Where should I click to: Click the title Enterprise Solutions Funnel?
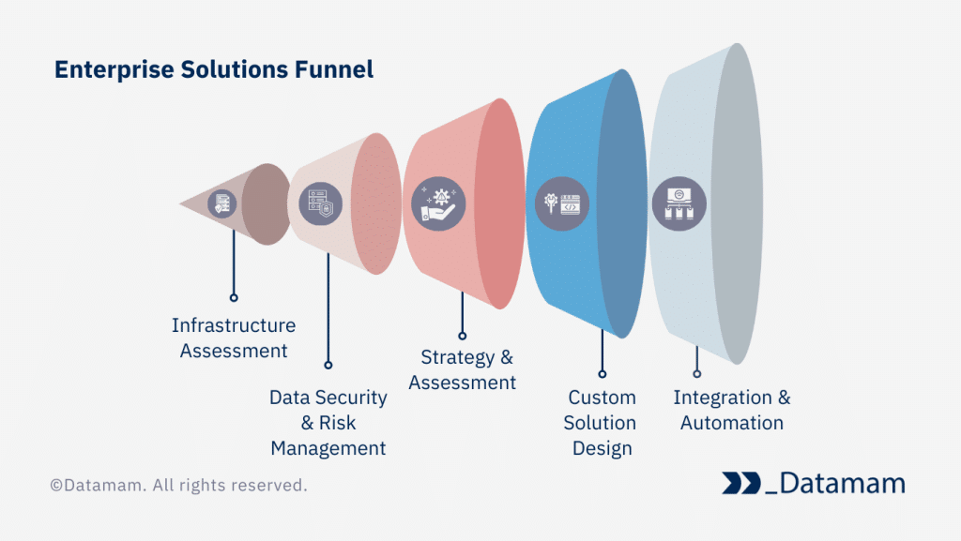coord(214,69)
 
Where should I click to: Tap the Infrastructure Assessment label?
coord(234,338)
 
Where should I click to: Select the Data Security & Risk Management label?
coord(328,422)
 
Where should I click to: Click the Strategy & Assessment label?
coord(463,369)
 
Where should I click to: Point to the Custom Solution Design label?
coord(602,422)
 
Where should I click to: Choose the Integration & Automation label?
coord(732,410)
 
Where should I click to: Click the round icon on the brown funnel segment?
coord(222,203)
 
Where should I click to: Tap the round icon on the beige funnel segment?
coord(314,203)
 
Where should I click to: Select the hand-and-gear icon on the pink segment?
coord(438,203)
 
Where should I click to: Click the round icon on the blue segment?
coord(561,203)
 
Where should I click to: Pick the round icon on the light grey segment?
coord(679,203)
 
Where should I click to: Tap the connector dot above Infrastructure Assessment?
coord(234,297)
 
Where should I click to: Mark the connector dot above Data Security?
coord(328,365)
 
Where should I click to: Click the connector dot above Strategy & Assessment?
coord(462,335)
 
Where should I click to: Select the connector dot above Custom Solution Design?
coord(602,373)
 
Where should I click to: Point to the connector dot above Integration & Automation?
coord(696,373)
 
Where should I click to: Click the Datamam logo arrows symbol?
coord(741,483)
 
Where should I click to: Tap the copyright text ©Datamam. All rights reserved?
coord(178,486)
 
